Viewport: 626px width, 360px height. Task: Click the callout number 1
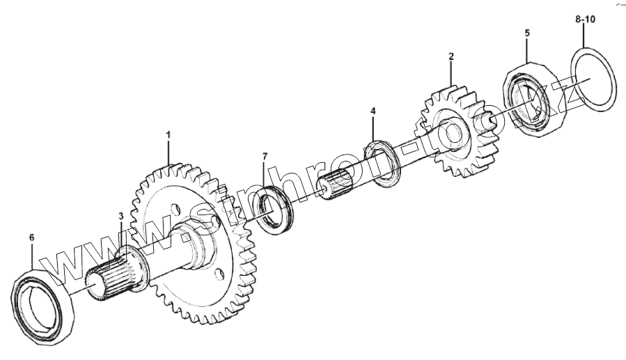coord(168,134)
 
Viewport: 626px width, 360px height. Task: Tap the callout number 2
coord(451,56)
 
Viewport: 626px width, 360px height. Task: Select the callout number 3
coord(121,216)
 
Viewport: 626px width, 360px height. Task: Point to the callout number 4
coord(373,111)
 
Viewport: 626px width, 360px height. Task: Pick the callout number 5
coord(527,33)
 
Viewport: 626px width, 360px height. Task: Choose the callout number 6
coord(32,237)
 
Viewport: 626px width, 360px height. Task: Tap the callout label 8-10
coord(586,19)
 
